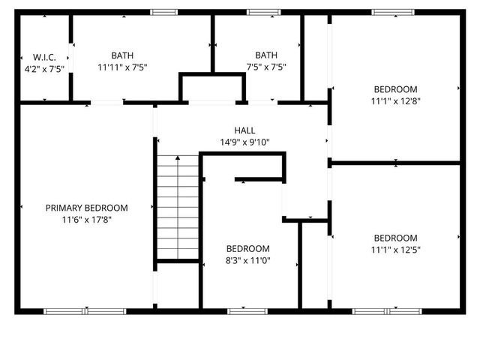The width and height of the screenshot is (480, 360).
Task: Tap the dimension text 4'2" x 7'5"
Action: pos(43,68)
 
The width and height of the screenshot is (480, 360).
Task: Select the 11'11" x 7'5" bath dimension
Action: pos(121,67)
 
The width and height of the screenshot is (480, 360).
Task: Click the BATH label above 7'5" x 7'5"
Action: pos(265,55)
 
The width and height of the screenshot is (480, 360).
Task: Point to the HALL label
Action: pos(244,129)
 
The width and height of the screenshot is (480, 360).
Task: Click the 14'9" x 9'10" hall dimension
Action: pos(244,142)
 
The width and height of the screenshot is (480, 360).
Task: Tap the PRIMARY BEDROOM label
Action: pos(86,208)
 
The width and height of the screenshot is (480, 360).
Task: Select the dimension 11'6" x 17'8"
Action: pos(86,220)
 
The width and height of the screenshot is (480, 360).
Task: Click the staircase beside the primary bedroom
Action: pos(177,206)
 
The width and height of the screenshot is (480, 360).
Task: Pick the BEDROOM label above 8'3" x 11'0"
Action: pos(248,248)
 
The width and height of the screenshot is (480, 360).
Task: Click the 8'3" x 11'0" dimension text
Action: pos(248,260)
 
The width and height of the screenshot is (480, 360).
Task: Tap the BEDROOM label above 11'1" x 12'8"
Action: pos(394,89)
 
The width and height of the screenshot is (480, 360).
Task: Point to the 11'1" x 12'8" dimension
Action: pos(394,101)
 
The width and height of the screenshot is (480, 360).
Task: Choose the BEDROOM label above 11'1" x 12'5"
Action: pos(394,238)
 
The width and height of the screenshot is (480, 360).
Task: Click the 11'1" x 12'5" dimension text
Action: pos(394,250)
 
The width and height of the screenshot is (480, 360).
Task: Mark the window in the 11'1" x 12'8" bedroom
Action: pos(394,12)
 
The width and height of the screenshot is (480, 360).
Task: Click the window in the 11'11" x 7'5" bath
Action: pos(163,12)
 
